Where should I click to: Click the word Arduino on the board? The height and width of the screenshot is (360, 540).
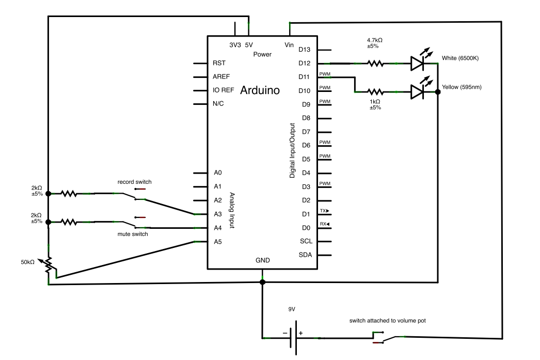(260, 91)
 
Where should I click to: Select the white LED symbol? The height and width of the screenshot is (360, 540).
(417, 63)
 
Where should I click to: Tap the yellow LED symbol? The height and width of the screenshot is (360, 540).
(417, 92)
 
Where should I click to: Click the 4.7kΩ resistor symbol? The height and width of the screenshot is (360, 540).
(375, 64)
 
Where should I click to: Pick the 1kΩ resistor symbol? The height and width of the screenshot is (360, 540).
(375, 92)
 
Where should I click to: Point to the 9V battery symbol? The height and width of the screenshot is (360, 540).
(292, 338)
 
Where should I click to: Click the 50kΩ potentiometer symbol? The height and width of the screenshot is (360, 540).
(49, 264)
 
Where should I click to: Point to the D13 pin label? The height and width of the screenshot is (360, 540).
(305, 50)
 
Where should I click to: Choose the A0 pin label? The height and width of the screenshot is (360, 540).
(217, 173)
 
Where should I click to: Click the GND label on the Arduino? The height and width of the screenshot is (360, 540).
(262, 261)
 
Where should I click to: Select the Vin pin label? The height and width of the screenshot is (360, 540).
(289, 45)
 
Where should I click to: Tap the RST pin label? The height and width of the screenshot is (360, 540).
(218, 63)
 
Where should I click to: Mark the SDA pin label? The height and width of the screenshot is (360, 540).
(305, 255)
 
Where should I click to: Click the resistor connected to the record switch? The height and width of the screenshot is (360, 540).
(69, 194)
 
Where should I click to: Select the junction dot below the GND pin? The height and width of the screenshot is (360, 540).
(263, 282)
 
